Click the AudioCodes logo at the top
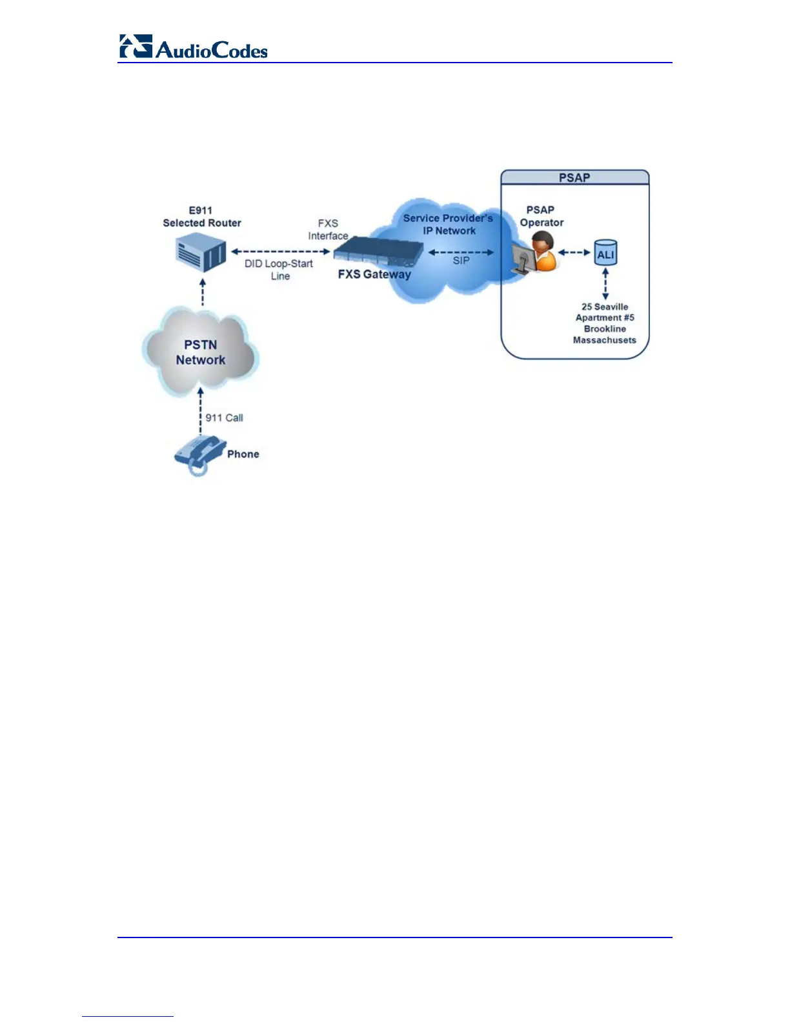193,48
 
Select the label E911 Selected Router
201,217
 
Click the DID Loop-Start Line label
279,270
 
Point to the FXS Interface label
328,230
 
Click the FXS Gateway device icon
377,250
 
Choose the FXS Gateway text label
374,274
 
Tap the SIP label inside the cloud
461,261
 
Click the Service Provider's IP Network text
448,225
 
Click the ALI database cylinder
605,253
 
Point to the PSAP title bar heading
574,177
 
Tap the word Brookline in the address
605,329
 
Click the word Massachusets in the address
605,340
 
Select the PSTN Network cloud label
201,352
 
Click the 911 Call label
224,418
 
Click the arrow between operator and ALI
574,252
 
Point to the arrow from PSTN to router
203,292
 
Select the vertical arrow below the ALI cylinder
605,284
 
